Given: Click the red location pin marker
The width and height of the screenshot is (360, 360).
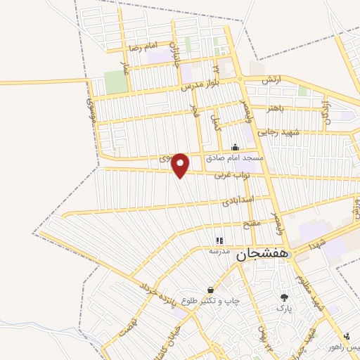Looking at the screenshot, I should (181, 165).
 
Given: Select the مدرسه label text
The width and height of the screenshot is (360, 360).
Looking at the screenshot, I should (218, 250).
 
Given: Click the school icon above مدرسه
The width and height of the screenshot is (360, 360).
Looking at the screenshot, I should (218, 240).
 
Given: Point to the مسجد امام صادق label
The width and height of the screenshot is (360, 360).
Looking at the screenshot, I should (235, 158).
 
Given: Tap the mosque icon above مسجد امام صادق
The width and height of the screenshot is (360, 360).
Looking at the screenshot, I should (235, 148).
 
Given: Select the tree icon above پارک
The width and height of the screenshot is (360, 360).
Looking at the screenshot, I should (284, 297).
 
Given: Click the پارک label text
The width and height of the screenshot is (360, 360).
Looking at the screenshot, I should (284, 308).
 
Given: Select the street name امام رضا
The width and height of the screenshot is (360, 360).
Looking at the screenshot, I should (141, 49).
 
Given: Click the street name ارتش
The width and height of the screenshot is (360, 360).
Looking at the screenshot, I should (271, 81).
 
